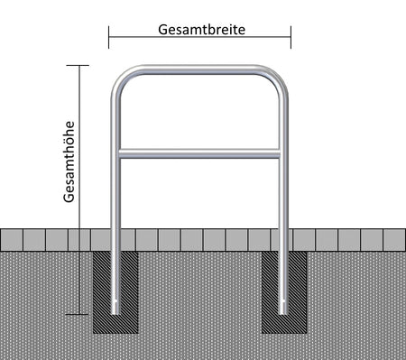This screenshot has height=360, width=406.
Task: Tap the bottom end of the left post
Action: [117, 310]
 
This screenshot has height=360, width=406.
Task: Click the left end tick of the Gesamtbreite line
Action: [109, 37]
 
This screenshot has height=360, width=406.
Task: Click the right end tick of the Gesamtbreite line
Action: [291, 37]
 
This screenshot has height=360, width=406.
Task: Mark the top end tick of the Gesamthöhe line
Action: [80, 65]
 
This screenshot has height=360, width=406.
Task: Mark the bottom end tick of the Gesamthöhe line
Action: [80, 314]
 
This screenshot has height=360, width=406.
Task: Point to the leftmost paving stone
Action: [12, 239]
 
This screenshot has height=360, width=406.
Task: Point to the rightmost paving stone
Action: [394, 239]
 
